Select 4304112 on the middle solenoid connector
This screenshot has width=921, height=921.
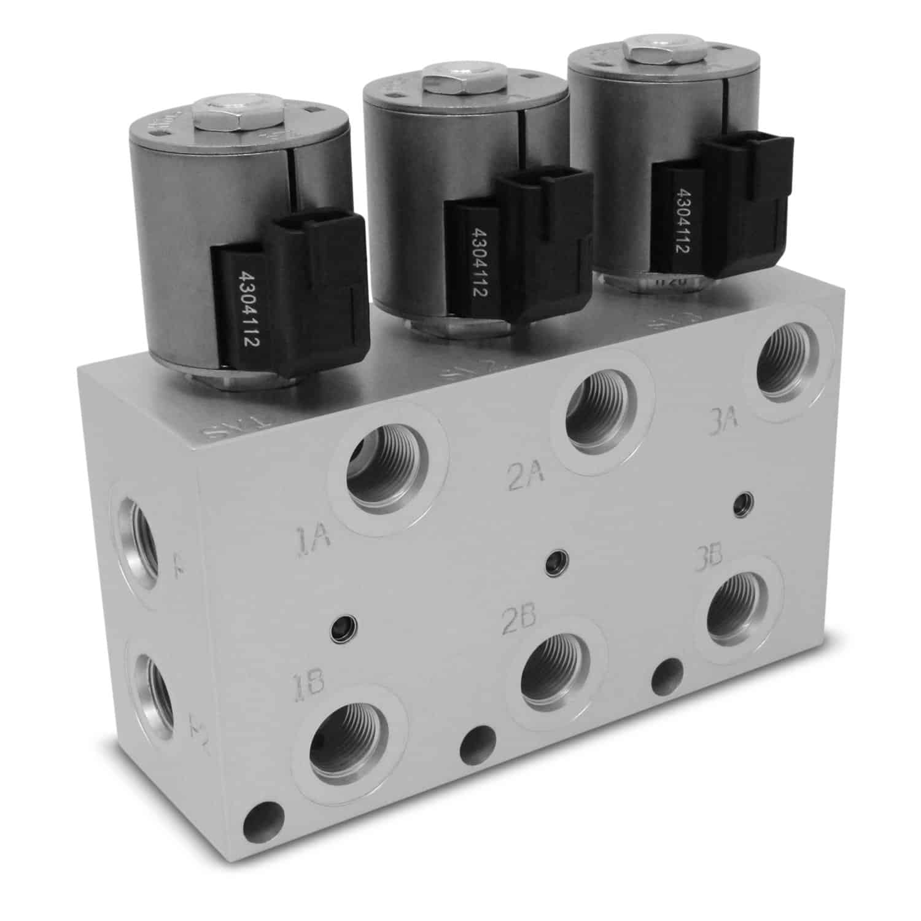coord(481,265)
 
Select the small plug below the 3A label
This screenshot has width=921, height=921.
coord(745,502)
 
